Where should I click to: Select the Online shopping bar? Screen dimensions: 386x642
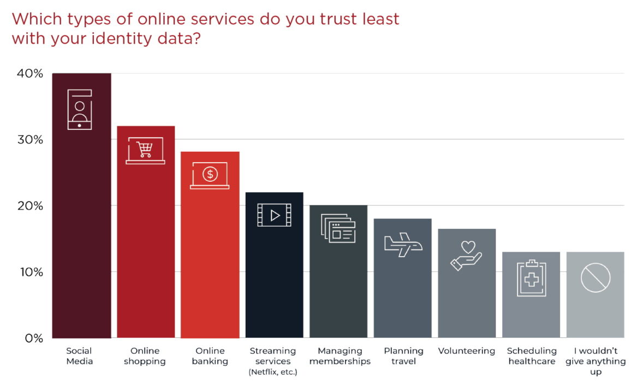pos(146,246)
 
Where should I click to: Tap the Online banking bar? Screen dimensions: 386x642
pos(210,257)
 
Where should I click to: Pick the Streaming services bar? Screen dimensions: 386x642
pos(274,273)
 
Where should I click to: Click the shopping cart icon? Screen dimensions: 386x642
pos(145,150)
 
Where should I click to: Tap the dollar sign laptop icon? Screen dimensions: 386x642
pos(210,175)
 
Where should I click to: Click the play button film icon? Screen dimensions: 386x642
pos(274,215)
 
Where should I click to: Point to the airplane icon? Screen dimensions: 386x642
pos(403,244)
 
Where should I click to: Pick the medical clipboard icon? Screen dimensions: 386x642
pos(531,278)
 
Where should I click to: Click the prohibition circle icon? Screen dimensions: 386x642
pos(595,278)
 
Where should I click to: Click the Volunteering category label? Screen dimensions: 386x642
pos(467,351)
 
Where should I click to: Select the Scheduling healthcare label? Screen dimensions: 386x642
pos(531,356)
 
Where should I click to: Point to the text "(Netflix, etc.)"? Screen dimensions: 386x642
pos(274,372)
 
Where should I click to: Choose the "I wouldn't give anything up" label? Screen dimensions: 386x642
pos(596,361)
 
